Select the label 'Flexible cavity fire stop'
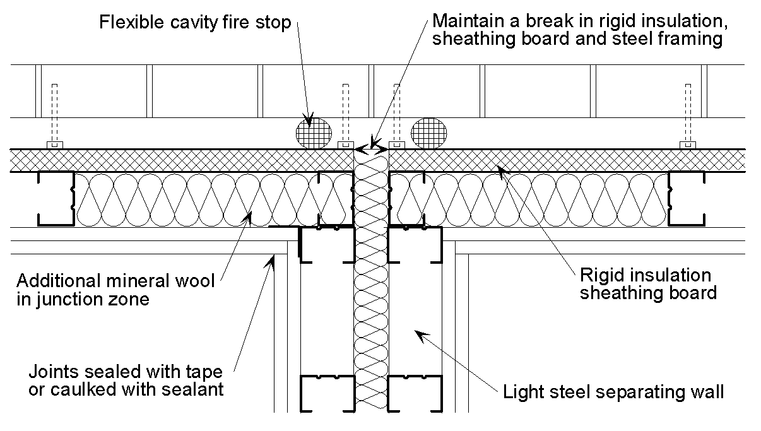[x=195, y=23]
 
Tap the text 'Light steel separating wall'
[x=613, y=392]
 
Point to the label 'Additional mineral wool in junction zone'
[x=115, y=289]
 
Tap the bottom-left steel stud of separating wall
[x=327, y=393]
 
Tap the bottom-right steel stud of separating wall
[x=415, y=393]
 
